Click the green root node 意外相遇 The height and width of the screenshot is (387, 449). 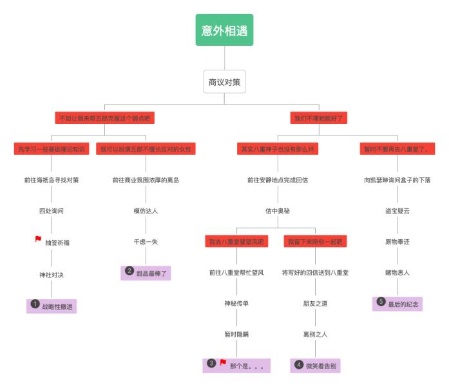(x=224, y=30)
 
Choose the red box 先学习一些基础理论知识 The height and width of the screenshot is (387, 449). (x=52, y=149)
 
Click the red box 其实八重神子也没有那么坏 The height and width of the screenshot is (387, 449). (x=277, y=149)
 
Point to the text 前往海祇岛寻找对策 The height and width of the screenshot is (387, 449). (x=52, y=180)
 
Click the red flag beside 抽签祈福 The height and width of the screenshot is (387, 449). (x=38, y=239)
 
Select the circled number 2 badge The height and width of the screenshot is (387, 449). (x=129, y=271)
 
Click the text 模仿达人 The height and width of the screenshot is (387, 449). (x=146, y=211)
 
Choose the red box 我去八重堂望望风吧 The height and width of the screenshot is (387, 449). (x=236, y=241)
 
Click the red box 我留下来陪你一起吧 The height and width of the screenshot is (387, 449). (x=316, y=241)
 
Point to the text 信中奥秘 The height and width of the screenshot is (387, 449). (x=277, y=211)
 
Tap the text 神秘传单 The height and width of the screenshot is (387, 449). (x=236, y=303)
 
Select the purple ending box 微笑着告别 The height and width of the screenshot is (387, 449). (x=316, y=366)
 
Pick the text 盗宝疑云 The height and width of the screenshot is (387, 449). (x=397, y=211)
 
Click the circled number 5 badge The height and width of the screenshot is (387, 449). (x=381, y=301)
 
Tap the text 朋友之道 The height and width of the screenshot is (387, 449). (x=316, y=303)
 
